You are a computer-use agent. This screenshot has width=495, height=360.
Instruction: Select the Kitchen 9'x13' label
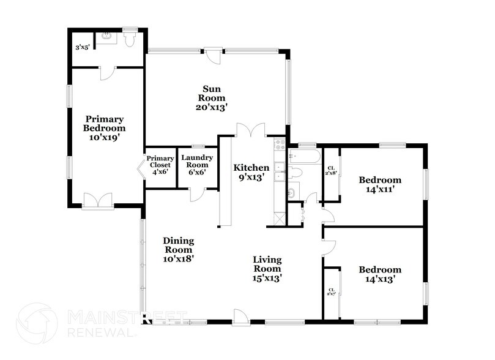[251, 173]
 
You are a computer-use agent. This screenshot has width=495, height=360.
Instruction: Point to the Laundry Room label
[197, 165]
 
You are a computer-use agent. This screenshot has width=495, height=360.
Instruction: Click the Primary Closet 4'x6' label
[160, 165]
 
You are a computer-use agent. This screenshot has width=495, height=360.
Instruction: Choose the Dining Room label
[177, 250]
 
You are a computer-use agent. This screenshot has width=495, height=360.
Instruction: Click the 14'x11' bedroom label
[380, 185]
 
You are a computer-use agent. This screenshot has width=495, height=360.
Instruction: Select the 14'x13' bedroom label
[380, 274]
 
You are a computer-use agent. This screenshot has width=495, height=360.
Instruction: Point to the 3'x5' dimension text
[83, 47]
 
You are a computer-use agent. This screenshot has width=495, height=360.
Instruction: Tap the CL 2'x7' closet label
[332, 292]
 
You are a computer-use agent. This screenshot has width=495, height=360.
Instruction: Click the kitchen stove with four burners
[280, 145]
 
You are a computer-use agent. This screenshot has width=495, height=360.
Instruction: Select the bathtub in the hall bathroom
[304, 156]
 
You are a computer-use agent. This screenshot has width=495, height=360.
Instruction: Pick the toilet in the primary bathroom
[129, 39]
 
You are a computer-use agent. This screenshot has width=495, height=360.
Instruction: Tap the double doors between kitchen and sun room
[251, 130]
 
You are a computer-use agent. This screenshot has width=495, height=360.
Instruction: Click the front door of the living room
[240, 317]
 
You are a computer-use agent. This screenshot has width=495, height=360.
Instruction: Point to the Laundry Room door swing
[198, 194]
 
